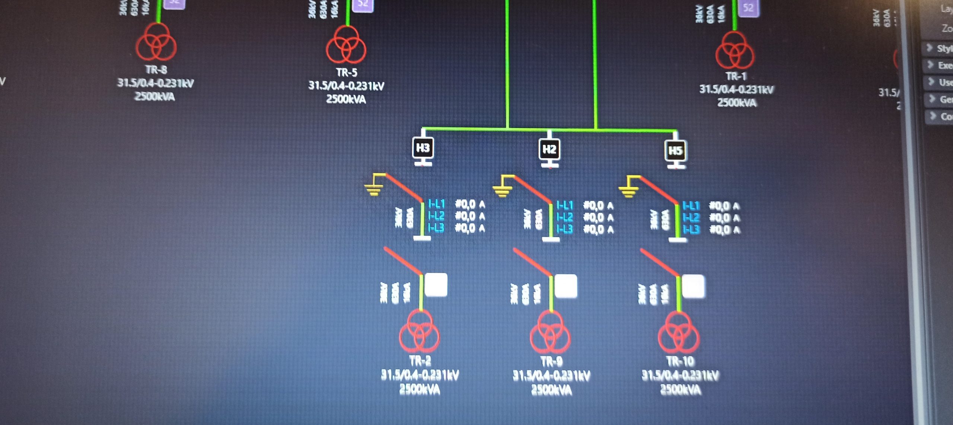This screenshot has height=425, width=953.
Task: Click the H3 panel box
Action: coord(423,148)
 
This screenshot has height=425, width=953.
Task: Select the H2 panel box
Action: coord(549,150)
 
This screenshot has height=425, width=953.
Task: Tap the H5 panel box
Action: coord(675,151)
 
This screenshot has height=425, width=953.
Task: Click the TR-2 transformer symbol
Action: coord(420,332)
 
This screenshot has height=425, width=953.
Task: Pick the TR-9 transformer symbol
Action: coord(550,333)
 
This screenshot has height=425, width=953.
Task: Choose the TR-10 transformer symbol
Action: coord(679,333)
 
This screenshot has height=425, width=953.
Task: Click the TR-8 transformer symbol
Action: coord(156,42)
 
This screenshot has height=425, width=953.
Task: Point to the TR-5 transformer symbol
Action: coord(346,45)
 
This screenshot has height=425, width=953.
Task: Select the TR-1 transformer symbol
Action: coord(735,51)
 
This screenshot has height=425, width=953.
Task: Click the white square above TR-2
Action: coord(436,285)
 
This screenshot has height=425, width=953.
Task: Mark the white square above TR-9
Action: coord(566,286)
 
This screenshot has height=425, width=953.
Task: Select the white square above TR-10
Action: coord(693,286)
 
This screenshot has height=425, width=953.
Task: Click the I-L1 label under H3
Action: coord(436,204)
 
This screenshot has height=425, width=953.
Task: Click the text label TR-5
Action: coord(347,72)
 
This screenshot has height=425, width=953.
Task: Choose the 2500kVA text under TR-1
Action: coord(737,103)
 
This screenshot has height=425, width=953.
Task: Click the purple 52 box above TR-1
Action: coord(748,7)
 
